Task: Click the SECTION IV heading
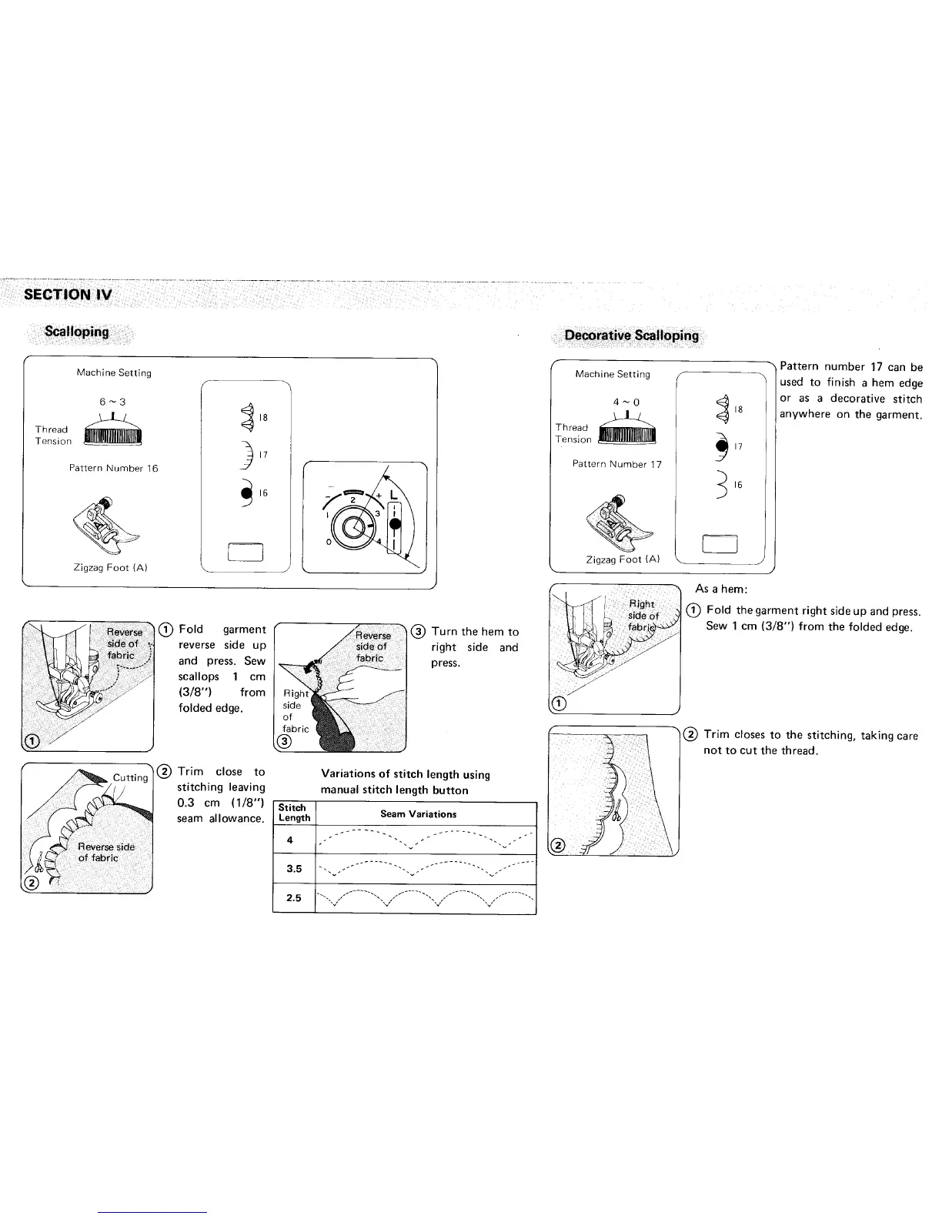[68, 294]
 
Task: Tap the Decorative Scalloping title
[631, 335]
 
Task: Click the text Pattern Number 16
[114, 468]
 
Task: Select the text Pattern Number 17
[616, 464]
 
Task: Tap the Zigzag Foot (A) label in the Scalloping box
[110, 567]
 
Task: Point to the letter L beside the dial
[394, 493]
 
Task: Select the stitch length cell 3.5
[293, 869]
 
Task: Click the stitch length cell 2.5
[293, 897]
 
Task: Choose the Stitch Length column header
[294, 813]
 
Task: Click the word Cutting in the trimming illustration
[130, 777]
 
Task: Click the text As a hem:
[721, 589]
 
